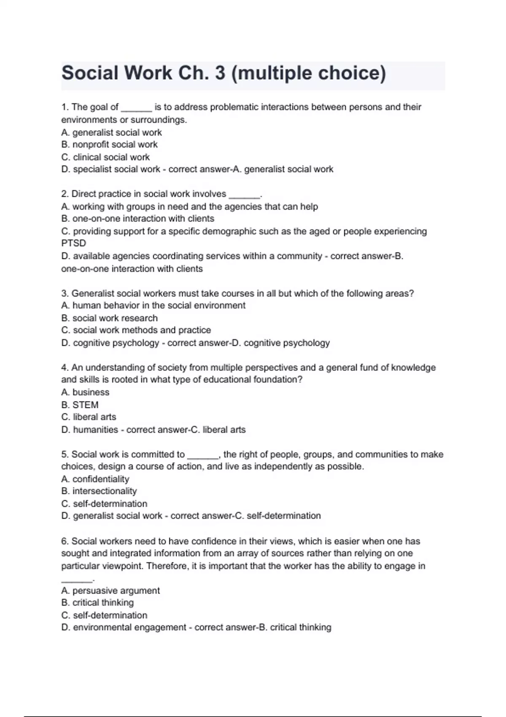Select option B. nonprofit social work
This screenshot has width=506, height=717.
pos(109,145)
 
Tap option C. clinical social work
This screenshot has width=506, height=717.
pos(105,157)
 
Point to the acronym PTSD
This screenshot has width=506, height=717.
pos(73,243)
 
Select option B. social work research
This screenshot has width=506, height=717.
pos(109,318)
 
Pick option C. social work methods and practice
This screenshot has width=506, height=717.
pos(136,330)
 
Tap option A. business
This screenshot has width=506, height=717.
pos(85,392)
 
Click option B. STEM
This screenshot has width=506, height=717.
pos(80,405)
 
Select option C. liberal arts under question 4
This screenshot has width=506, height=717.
pos(89,417)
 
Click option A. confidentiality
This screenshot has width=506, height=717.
pos(95,479)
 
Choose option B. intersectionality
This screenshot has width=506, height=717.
pos(99,491)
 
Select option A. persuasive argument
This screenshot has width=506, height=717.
pos(110,591)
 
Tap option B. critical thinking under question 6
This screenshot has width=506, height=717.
pos(97,603)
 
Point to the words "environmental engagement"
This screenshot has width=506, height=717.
pos(129,628)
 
